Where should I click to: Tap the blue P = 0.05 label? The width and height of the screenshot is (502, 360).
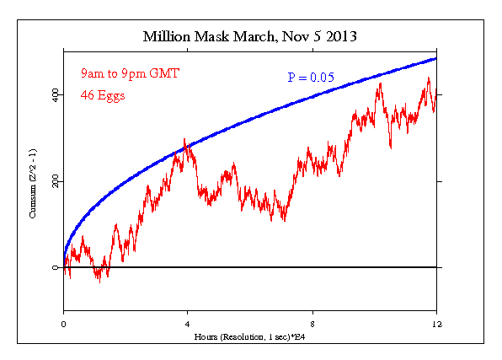point(311,78)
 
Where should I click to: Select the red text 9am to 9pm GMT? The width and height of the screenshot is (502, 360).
point(130,73)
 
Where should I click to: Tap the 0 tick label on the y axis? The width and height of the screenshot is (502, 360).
point(55,268)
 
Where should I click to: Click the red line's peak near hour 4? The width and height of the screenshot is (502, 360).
point(184,139)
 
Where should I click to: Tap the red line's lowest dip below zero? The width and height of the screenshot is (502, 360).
point(99,281)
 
